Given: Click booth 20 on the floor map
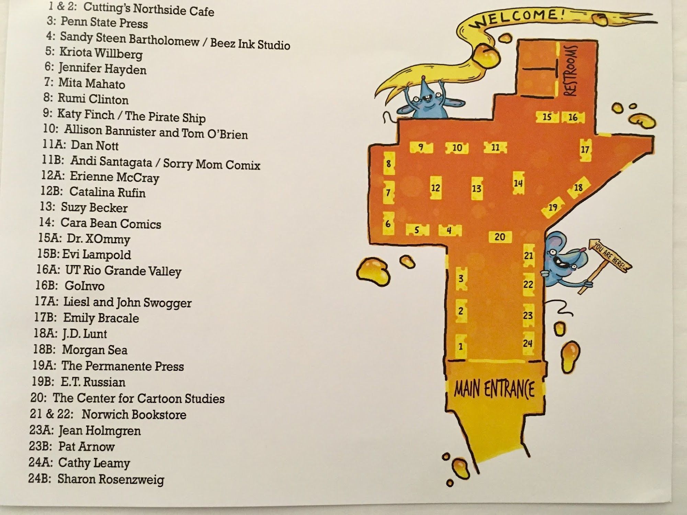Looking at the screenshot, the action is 500,237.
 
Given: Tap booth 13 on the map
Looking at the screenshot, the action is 476,188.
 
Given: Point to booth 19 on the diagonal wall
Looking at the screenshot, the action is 553,207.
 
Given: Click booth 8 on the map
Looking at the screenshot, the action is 388,164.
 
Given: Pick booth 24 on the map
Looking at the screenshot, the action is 528,343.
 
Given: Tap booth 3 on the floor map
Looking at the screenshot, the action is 461,278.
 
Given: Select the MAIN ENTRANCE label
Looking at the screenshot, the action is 494,389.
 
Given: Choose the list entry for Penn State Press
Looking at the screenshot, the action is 97,22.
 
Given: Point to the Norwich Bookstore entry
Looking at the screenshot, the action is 108,414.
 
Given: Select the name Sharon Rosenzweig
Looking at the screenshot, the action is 111,479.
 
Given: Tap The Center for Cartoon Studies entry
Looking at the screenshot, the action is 127,398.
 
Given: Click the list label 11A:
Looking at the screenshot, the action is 54,144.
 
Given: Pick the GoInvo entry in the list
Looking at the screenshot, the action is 70,286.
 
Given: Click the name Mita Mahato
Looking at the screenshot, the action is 92,83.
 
